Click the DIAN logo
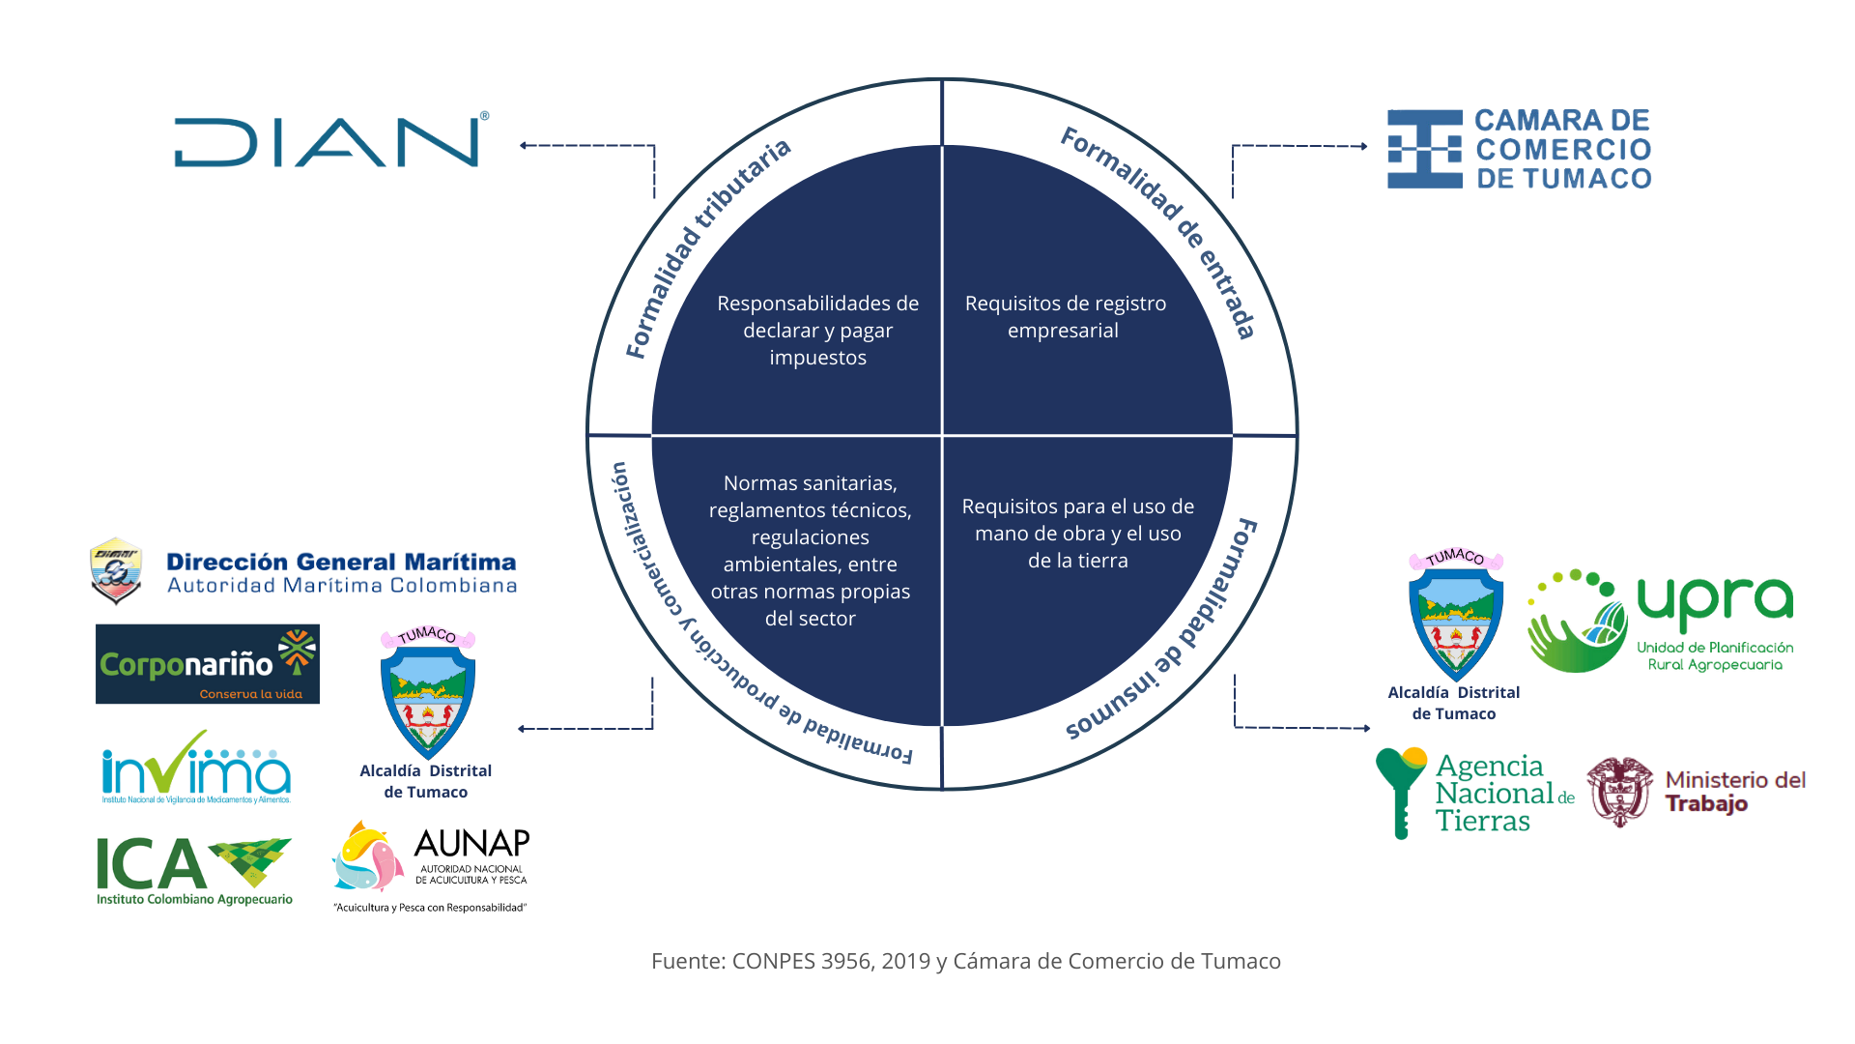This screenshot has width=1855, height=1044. (x=330, y=142)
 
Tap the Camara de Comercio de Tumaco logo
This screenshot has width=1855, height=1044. (x=1519, y=149)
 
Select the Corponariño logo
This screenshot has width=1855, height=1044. (x=207, y=664)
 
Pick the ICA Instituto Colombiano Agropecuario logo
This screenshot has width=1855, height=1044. (x=196, y=864)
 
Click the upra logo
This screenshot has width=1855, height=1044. (x=1660, y=621)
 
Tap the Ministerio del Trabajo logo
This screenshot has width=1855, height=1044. (x=1691, y=791)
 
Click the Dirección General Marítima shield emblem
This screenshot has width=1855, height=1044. (x=116, y=570)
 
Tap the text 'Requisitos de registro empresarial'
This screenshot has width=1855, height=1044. (x=1065, y=317)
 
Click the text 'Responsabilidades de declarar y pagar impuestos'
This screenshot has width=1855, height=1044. (x=817, y=331)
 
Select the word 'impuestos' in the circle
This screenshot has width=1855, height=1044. (x=817, y=358)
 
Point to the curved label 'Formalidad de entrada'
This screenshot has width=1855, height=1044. (x=1164, y=227)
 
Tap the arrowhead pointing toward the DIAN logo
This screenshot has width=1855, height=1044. (x=523, y=146)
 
